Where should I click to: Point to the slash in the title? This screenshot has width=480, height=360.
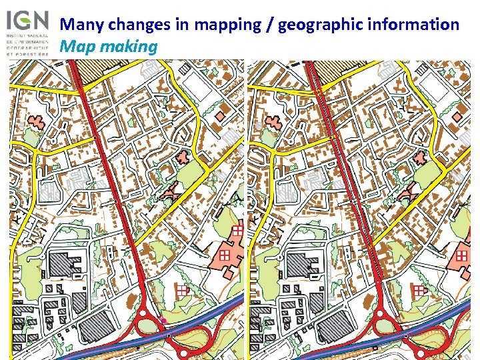pyautogui.click(x=269, y=25)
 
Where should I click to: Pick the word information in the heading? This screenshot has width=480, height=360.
pyautogui.click(x=413, y=25)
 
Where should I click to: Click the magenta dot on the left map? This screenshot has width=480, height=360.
pyautogui.click(x=164, y=321)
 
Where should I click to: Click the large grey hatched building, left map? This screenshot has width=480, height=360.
pyautogui.click(x=65, y=263)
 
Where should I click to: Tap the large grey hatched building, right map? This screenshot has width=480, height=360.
pyautogui.click(x=303, y=263)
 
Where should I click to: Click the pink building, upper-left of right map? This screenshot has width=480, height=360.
pyautogui.click(x=272, y=122)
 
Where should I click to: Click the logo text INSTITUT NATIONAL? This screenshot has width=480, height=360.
pyautogui.click(x=27, y=33)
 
